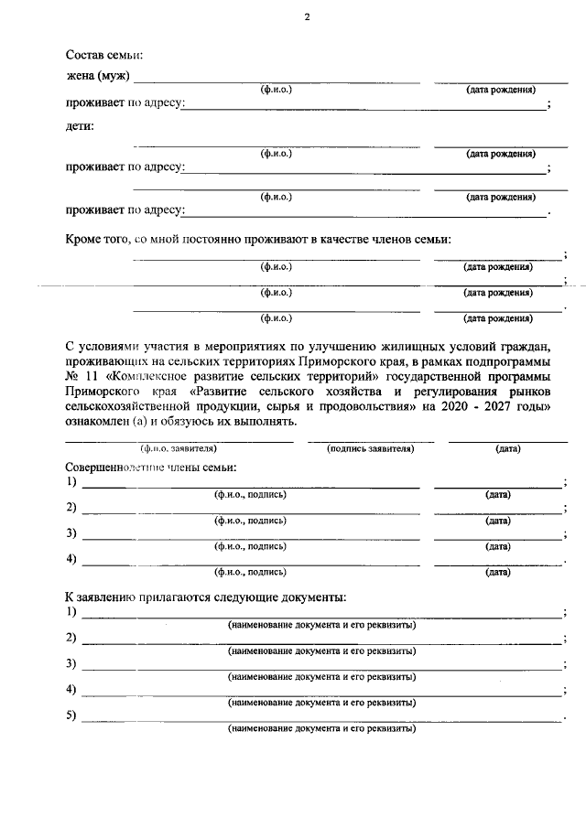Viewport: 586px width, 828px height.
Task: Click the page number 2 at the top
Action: [308, 17]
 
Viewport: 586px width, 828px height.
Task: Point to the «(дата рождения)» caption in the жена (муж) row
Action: [500, 90]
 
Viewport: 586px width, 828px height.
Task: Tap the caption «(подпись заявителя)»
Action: [371, 448]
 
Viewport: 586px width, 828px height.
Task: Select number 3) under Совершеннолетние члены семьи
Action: [71, 532]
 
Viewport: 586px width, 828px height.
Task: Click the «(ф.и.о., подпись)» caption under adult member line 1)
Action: [250, 494]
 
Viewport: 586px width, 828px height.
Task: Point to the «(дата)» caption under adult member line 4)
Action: [498, 572]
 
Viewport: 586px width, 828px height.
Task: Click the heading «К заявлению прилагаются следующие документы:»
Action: [205, 597]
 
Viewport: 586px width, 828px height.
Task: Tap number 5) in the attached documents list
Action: [71, 715]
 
